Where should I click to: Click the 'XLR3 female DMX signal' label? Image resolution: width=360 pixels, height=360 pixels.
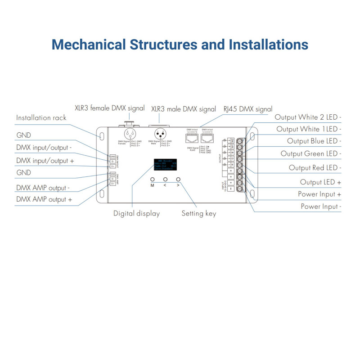click(x=110, y=108)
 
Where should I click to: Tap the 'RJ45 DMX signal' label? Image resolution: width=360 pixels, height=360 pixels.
click(x=248, y=109)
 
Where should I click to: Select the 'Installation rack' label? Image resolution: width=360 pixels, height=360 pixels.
click(x=41, y=118)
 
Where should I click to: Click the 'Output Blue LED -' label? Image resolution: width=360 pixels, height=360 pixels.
click(x=314, y=141)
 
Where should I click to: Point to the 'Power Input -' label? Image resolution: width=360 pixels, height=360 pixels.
click(x=321, y=207)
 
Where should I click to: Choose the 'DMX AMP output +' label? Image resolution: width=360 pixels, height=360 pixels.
click(x=44, y=199)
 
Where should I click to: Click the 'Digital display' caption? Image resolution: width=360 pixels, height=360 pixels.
click(x=136, y=213)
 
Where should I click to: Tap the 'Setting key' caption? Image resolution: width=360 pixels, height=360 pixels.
click(x=198, y=213)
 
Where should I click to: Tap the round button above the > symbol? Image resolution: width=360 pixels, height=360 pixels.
click(x=178, y=179)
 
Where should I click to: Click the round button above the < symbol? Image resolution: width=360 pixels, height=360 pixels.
click(x=165, y=179)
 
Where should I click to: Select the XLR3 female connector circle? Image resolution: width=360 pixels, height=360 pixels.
click(x=130, y=134)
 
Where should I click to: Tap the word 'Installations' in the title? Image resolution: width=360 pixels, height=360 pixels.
click(x=269, y=45)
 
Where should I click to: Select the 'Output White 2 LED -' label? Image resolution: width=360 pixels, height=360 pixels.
click(x=308, y=117)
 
